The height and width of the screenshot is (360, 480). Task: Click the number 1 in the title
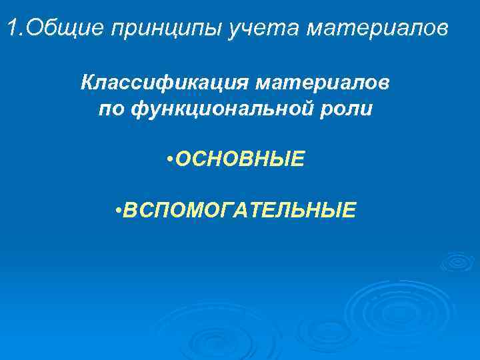tap(11, 29)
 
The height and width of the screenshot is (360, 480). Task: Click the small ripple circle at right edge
tap(457, 261)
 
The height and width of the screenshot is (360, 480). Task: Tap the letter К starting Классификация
tap(87, 85)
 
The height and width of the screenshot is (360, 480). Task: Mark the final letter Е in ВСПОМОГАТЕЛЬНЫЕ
tap(349, 211)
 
